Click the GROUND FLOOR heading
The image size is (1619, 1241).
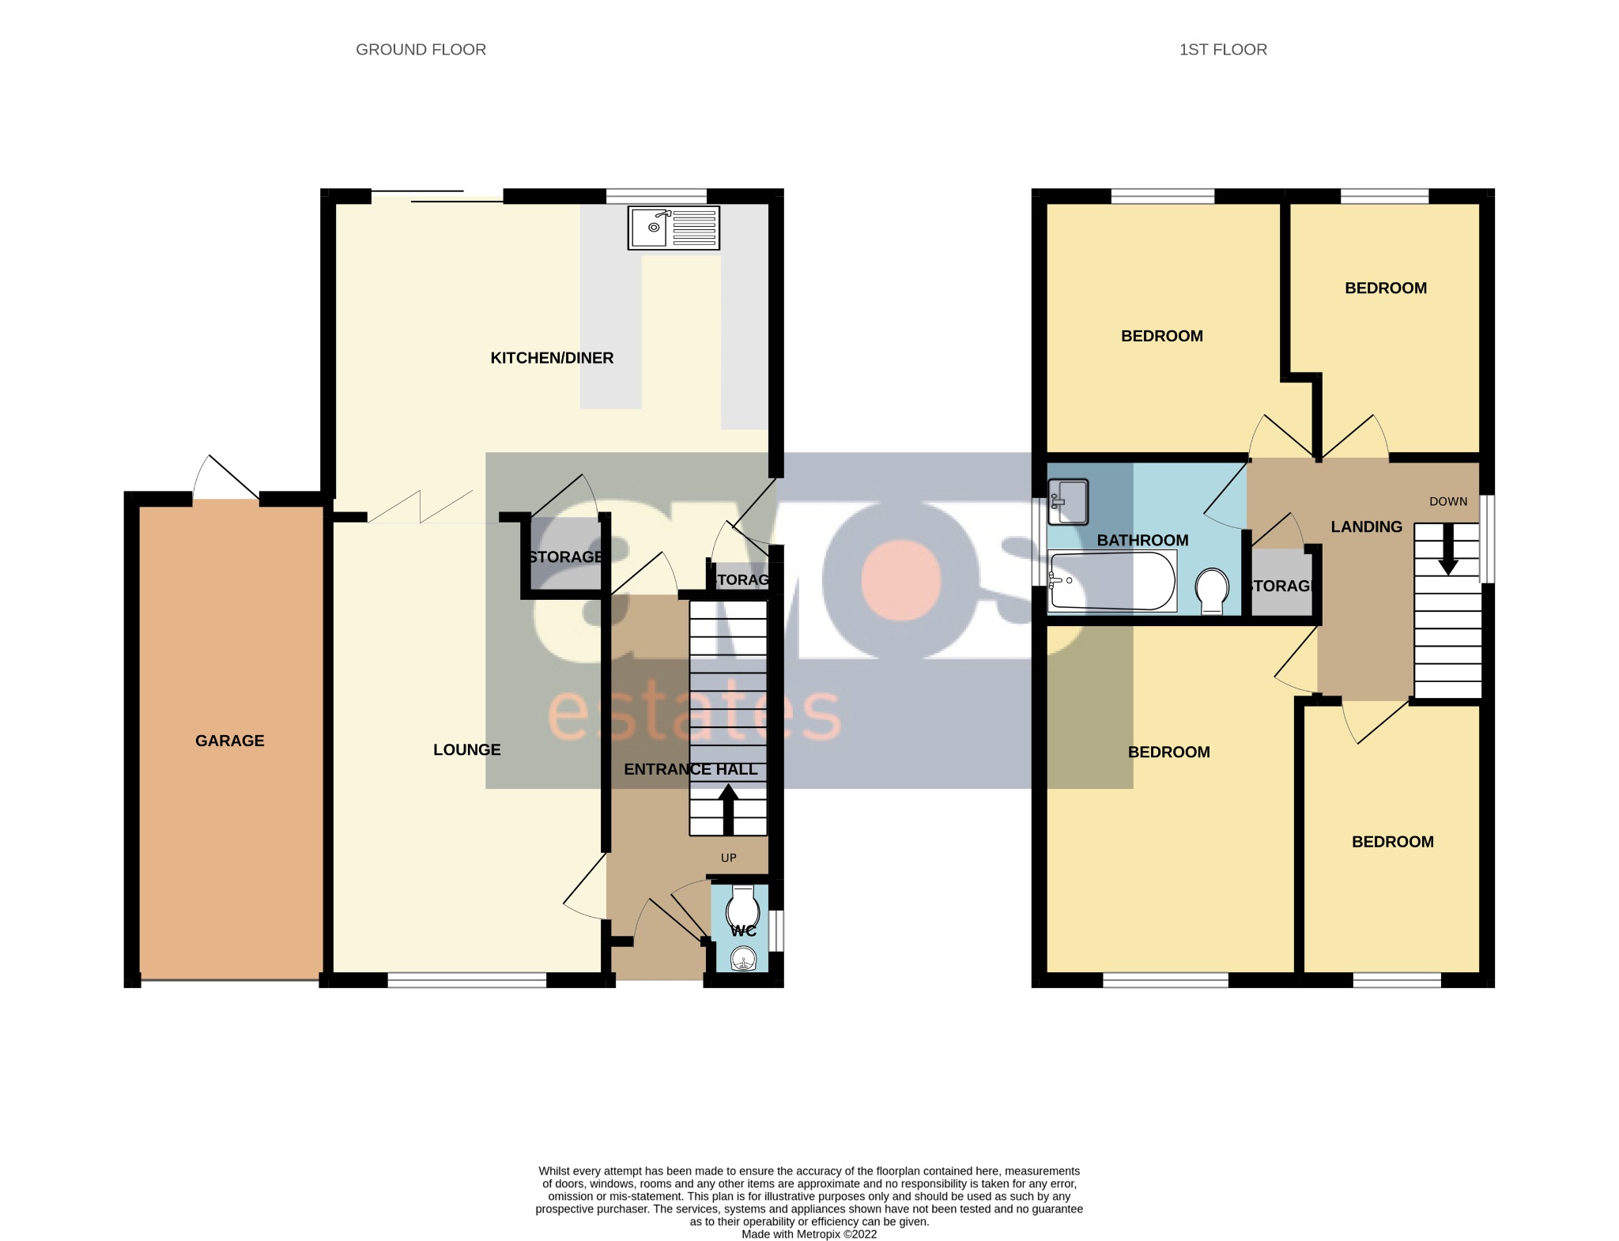pyautogui.click(x=421, y=50)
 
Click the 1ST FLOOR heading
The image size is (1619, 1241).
pyautogui.click(x=1223, y=50)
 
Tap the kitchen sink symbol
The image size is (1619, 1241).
pyautogui.click(x=674, y=228)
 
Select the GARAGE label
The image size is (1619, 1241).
pyautogui.click(x=229, y=741)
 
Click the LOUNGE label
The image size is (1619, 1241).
pyautogui.click(x=466, y=749)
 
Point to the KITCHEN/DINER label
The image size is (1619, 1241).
pyautogui.click(x=552, y=358)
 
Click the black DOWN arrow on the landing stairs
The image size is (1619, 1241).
pyautogui.click(x=1448, y=550)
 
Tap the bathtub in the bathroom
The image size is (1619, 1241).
pyautogui.click(x=1111, y=581)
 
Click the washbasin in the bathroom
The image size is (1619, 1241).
pyautogui.click(x=1068, y=502)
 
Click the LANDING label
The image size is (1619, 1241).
pyautogui.click(x=1366, y=526)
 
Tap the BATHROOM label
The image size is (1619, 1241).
pyautogui.click(x=1142, y=541)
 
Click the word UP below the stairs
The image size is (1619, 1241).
pyautogui.click(x=728, y=858)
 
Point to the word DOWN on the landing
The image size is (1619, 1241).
pyautogui.click(x=1448, y=501)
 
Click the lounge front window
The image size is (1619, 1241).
pyautogui.click(x=466, y=980)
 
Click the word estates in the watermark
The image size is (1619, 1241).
pyautogui.click(x=694, y=713)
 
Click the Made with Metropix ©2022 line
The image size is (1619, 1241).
pyautogui.click(x=809, y=1234)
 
